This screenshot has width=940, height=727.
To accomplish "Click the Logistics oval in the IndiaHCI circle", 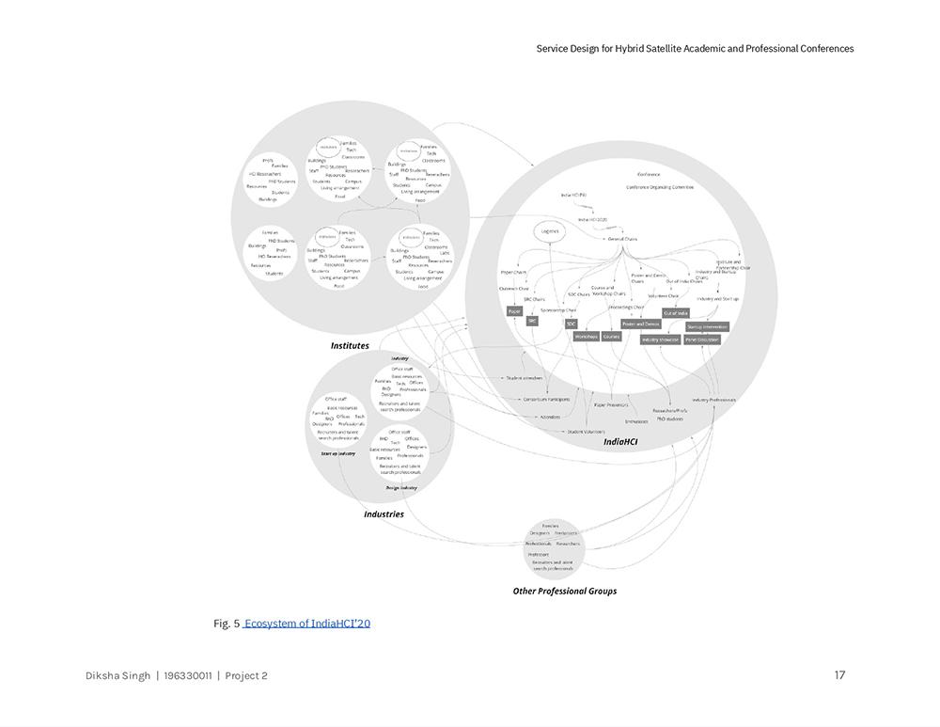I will tap(550, 230).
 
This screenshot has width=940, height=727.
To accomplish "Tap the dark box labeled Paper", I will tap(514, 311).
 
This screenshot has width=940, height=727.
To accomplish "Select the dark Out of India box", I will tap(676, 313).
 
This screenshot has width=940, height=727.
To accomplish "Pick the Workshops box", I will tap(586, 336).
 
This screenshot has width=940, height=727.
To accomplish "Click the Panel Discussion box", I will tap(702, 340).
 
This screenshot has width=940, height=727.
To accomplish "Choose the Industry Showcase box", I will tap(660, 340).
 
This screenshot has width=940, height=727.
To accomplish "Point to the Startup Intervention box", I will tap(708, 327).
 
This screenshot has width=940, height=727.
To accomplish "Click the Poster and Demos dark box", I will tap(640, 324).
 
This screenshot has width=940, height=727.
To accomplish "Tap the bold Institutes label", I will tap(350, 346).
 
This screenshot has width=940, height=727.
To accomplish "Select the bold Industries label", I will tap(384, 514).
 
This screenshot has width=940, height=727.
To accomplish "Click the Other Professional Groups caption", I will tap(564, 592).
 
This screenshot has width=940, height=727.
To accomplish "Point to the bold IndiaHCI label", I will tap(620, 442).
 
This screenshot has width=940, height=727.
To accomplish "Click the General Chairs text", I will tap(622, 239).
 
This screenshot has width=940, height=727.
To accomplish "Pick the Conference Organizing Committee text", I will tap(660, 187).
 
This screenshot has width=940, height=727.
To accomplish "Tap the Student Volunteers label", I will tap(587, 432).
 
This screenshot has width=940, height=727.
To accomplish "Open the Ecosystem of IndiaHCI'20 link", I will tap(307, 624).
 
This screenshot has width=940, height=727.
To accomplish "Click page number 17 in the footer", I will tap(839, 675).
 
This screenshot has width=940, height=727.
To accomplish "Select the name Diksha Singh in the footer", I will tap(117, 676).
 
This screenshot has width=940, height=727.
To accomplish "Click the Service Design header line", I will tap(695, 49).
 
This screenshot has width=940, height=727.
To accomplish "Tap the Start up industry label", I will tap(338, 454).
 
